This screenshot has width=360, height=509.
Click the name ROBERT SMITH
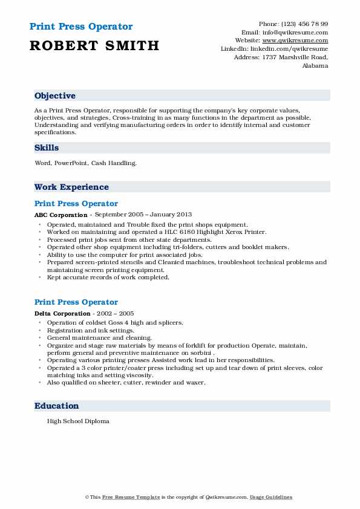(x=94, y=45)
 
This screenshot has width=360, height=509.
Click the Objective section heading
(x=55, y=96)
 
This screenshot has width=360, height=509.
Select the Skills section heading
(x=47, y=148)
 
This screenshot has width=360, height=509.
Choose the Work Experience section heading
(x=71, y=187)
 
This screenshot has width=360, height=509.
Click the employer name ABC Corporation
(x=61, y=215)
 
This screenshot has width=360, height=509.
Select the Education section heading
(x=56, y=406)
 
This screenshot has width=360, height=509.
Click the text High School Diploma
(x=78, y=421)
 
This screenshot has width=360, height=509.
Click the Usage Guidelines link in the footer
(x=271, y=497)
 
